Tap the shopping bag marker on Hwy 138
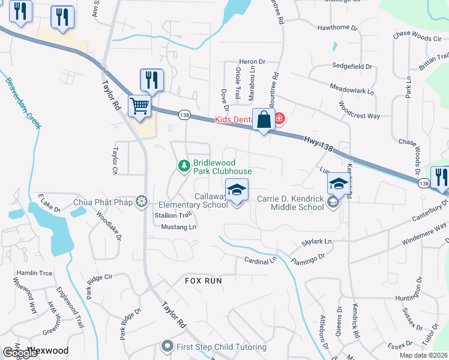point(264,119)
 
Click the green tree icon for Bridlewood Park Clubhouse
point(183,165)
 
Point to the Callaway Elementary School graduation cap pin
point(237,191)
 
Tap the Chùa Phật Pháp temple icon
point(142,201)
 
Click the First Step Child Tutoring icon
point(167,346)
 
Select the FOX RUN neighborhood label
point(203,280)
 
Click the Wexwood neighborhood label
point(48,350)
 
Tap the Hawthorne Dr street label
point(337,28)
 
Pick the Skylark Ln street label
point(316,241)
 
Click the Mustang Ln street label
point(179,227)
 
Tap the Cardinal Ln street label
point(261,260)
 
